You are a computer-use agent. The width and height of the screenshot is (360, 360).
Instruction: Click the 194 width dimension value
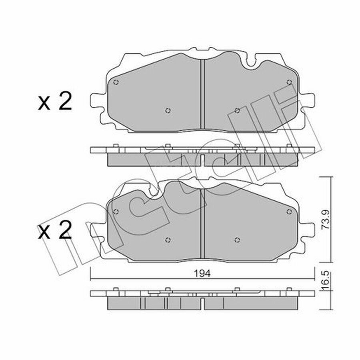pyautogui.click(x=202, y=274)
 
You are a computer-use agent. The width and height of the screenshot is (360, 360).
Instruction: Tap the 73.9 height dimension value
pyautogui.click(x=326, y=220)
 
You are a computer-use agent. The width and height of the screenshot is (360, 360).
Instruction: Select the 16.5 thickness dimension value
pyautogui.click(x=326, y=281)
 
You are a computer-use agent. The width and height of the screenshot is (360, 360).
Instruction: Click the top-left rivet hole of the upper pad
pyautogui.click(x=116, y=82)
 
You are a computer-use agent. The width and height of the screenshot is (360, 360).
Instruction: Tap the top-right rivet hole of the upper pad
pyautogui.click(x=289, y=82)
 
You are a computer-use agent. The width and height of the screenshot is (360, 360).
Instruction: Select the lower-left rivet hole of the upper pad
pyautogui.click(x=168, y=110)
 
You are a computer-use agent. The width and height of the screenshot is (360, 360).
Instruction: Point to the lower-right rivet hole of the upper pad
pyautogui.click(x=237, y=110)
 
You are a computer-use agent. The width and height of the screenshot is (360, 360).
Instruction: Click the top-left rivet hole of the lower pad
pyautogui.click(x=116, y=212)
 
